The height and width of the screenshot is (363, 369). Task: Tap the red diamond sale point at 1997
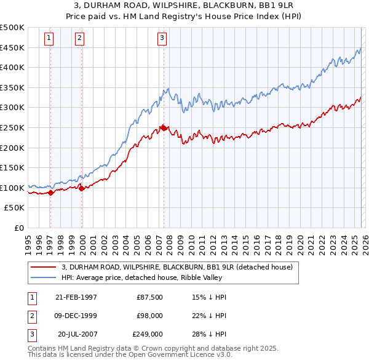50,193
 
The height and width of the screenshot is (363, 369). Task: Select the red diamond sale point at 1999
81,188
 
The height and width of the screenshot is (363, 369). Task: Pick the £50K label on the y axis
15,208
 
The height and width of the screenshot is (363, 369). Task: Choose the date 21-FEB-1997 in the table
76,297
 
